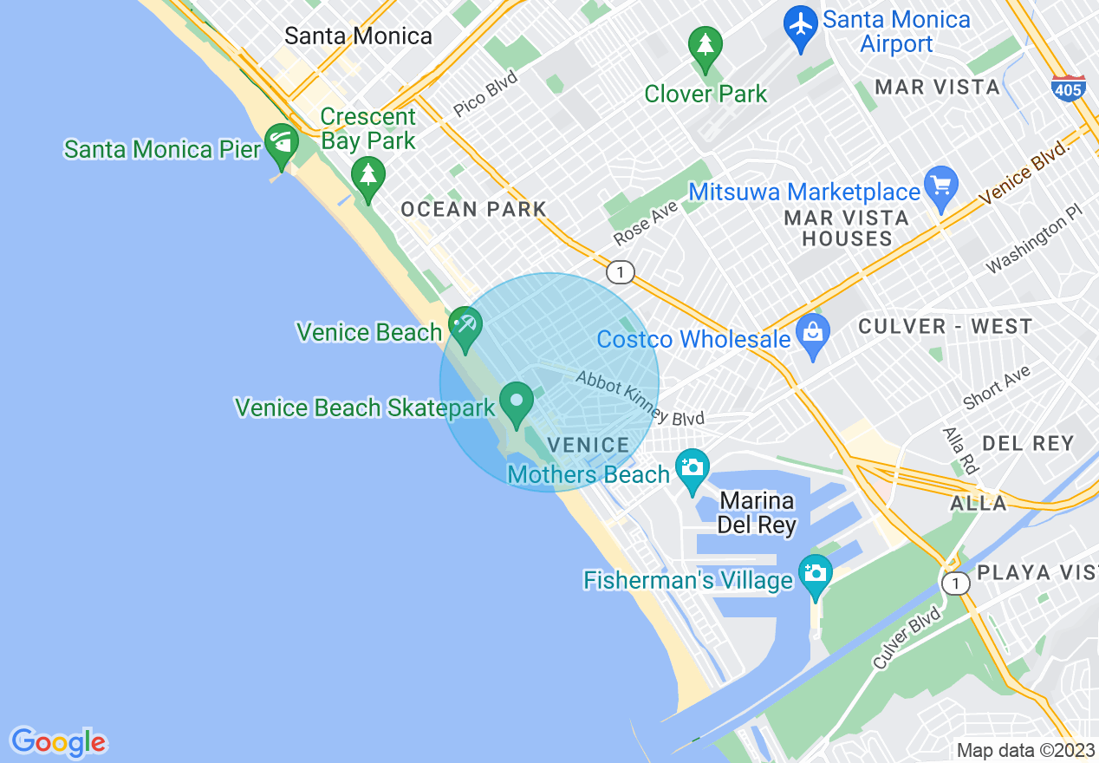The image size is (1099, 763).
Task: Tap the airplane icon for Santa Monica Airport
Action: click(800, 27)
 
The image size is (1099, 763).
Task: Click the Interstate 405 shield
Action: click(1069, 88)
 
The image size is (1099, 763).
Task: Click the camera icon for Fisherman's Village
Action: click(815, 575)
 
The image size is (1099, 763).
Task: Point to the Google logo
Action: click(58, 742)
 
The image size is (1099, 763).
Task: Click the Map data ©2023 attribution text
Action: click(1025, 750)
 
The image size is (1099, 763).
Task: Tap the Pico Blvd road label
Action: click(485, 94)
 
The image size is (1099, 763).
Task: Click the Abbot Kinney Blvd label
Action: click(640, 398)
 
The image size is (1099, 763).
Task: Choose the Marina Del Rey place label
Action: click(757, 513)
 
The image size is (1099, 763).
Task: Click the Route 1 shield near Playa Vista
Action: click(955, 584)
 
